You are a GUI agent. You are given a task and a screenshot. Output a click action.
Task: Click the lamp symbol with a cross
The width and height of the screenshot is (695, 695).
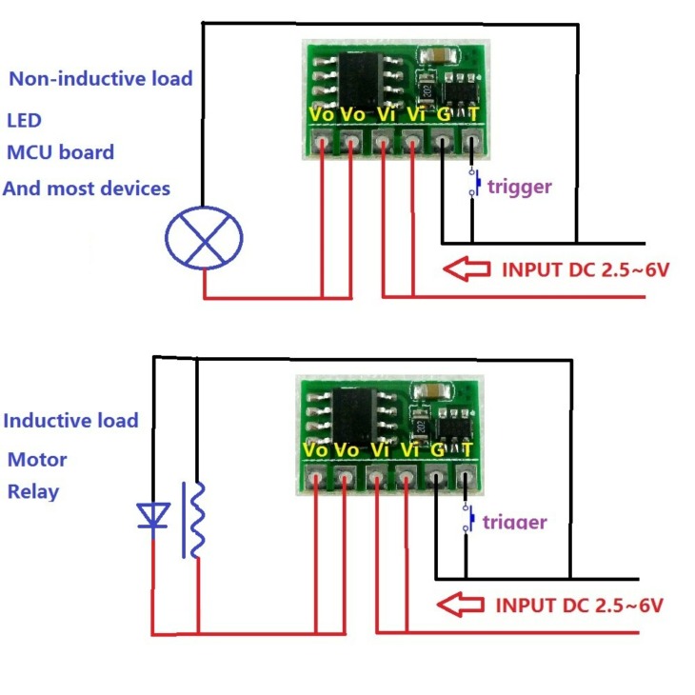coord(204,238)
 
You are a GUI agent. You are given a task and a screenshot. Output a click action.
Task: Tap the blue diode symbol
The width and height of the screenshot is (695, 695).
coord(153,516)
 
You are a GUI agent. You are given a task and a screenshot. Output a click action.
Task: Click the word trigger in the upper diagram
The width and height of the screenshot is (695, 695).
coord(520,188)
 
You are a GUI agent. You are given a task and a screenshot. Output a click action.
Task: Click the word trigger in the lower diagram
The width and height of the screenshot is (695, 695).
coord(515,522)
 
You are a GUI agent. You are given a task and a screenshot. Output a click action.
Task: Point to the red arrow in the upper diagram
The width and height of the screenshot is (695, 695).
coord(467,268)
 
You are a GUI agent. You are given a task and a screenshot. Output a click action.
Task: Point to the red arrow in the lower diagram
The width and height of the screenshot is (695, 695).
coord(461,605)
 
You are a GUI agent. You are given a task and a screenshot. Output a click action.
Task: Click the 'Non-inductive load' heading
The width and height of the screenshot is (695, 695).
coord(101,79)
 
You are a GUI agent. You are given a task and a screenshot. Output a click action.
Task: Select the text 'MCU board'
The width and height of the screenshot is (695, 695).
coord(61,152)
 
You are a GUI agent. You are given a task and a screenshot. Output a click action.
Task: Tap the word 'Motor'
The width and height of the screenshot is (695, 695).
coord(37,460)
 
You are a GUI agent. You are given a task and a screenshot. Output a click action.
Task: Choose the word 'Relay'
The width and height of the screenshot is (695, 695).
coord(33,492)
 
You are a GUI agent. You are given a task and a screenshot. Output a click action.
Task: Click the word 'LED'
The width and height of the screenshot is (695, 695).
coord(25,121)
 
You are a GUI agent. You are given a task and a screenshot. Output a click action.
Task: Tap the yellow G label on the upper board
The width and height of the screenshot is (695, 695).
coord(444,115)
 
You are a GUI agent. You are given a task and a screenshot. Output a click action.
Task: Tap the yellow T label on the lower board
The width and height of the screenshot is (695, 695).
coord(467,450)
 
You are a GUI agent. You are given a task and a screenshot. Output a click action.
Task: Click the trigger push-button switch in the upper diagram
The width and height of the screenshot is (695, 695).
coord(474,182)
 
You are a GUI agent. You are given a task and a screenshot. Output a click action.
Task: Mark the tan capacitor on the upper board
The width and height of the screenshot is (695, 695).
coord(439,55)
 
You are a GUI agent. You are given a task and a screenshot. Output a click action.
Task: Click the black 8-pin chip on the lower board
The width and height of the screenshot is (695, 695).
coord(354,416)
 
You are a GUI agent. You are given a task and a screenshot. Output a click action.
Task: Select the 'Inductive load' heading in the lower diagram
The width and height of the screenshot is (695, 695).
coord(70,421)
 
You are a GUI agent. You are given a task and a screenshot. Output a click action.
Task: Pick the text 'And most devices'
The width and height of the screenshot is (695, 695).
coord(87,189)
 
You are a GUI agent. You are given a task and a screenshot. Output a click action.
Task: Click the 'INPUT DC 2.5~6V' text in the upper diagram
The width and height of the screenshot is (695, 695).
coord(586,269)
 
